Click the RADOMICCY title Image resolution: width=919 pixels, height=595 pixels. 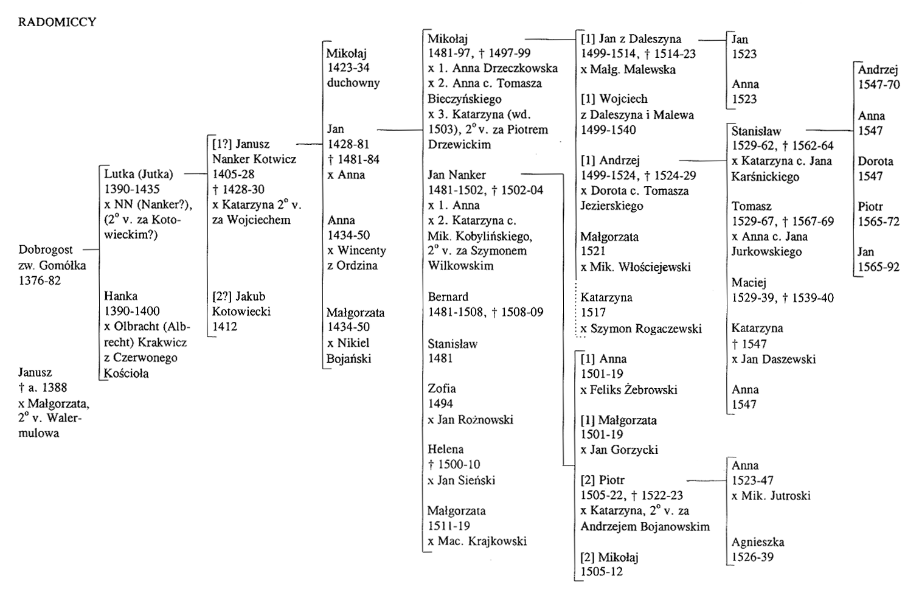coord(57,22)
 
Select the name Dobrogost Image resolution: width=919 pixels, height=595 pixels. coord(46,250)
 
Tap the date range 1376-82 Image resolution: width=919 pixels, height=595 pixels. coord(40,280)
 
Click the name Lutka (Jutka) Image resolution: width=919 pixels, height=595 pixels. coord(139,174)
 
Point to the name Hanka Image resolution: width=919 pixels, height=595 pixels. coord(120,296)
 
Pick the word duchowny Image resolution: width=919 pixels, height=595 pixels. coord(353,83)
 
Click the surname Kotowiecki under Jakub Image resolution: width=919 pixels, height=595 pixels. coord(241,311)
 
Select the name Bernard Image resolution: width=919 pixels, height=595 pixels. coord(448,297)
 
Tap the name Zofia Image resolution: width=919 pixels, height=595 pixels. coord(442,388)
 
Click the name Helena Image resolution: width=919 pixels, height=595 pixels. coord(446,449)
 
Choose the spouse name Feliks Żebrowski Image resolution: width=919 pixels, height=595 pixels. coord(634,389)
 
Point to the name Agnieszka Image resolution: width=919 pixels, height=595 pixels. coord(758,542)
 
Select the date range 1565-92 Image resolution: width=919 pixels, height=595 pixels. coord(878,267)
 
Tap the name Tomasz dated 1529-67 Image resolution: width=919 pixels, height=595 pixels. coord(752,206)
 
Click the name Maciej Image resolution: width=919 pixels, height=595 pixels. coord(749,282)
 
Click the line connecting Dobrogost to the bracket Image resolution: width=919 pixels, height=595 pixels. coord(91,249)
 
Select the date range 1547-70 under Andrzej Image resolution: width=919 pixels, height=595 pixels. coord(879,85)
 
